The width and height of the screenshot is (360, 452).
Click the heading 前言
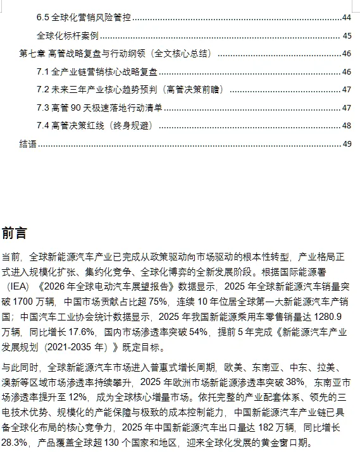pos(14,233)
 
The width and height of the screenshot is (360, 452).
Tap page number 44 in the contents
pos(346,17)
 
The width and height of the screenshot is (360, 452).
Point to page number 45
pos(346,35)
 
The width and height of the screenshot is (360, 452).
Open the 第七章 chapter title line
pos(115,53)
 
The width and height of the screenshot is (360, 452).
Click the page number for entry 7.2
pos(346,90)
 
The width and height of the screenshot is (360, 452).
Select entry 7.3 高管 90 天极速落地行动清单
pos(99,107)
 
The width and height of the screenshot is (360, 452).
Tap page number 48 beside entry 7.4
pos(346,126)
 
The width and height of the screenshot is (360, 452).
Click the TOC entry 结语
pos(28,144)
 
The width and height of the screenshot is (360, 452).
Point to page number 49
pos(346,144)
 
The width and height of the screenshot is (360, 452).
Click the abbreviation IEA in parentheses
pos(21,286)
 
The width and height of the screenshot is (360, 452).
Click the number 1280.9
pos(329,316)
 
